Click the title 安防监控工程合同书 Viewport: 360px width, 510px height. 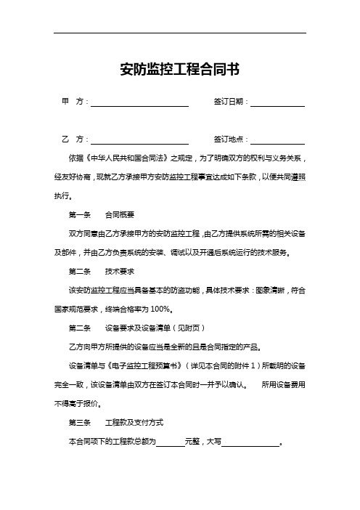point(179,70)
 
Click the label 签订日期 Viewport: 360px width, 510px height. point(230,102)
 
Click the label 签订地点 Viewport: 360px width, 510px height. point(230,138)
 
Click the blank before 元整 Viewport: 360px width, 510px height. point(171,442)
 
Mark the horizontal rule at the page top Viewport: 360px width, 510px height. point(179,33)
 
